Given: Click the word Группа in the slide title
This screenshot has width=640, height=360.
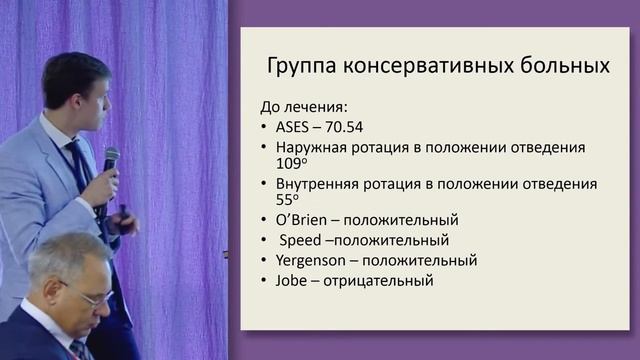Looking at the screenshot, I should click(303, 67).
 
